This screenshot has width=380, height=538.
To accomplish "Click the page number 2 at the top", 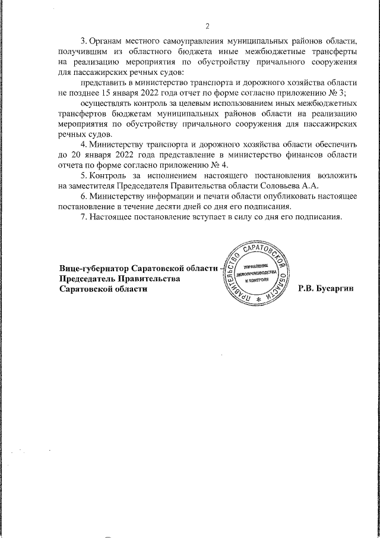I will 207,26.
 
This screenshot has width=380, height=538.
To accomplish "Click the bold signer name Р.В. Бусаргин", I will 326,288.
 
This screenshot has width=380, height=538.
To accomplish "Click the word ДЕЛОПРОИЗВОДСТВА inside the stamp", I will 256,273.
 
